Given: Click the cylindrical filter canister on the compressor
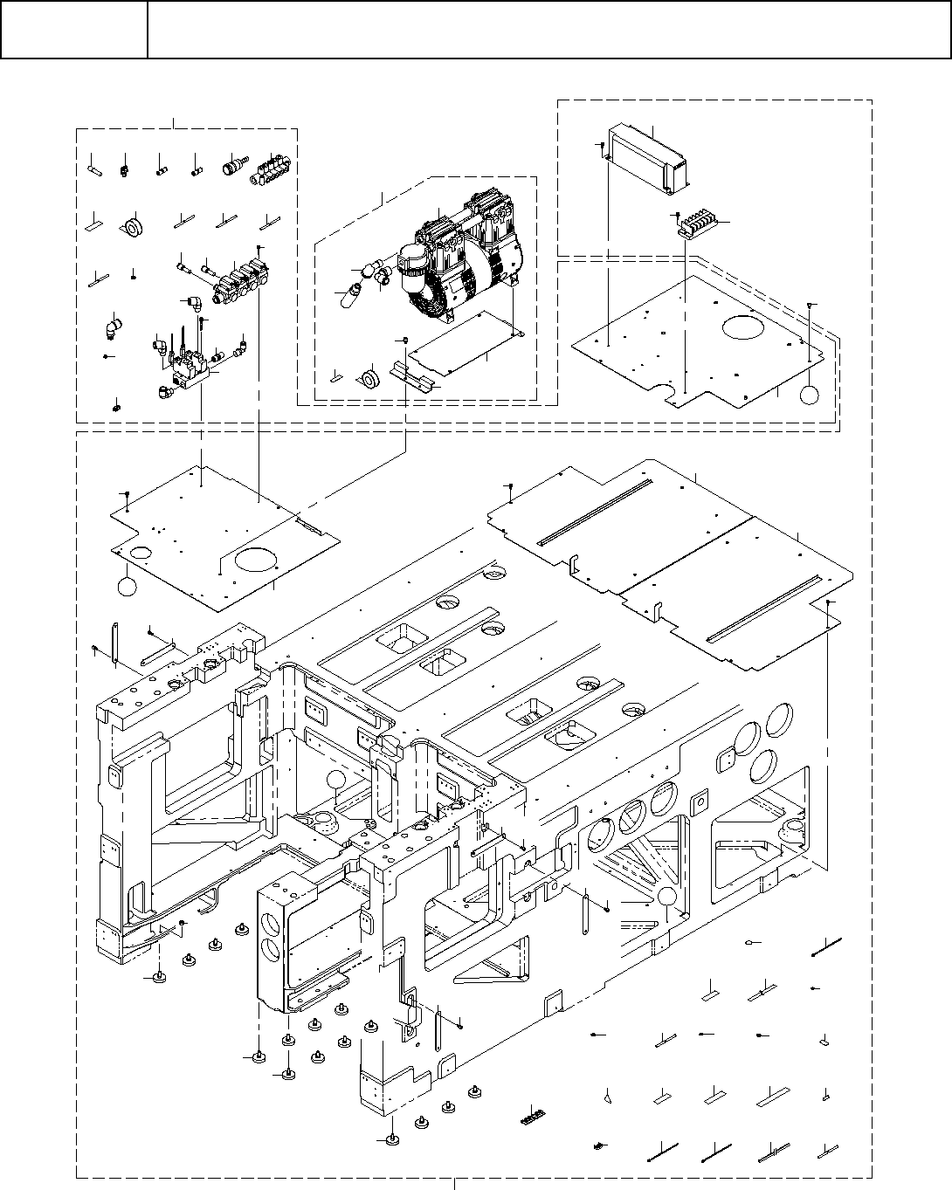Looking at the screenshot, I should (x=411, y=265).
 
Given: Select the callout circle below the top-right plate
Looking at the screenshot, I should (x=810, y=394).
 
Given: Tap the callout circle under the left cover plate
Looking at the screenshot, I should (x=128, y=586).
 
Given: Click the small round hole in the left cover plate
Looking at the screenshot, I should (x=139, y=552).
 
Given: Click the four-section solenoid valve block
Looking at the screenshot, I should (x=241, y=278).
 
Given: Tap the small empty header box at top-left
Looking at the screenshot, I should (x=73, y=30).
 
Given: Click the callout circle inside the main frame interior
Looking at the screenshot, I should (x=337, y=781).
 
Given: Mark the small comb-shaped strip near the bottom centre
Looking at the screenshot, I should (x=531, y=1115).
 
